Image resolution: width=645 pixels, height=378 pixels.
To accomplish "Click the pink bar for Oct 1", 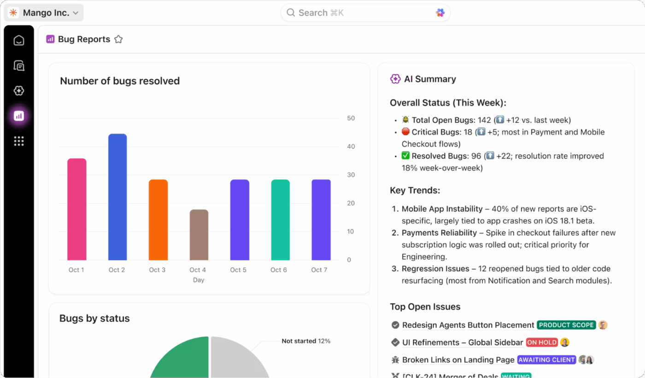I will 77,209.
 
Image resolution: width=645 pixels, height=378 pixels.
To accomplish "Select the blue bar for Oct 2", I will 117,197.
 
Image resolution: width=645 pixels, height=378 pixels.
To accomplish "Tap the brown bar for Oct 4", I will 199,235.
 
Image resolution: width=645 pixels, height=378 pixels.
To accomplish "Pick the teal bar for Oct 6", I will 280,220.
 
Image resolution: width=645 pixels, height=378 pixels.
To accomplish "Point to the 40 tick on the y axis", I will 351,147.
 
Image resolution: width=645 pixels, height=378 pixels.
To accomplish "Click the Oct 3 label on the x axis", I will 157,270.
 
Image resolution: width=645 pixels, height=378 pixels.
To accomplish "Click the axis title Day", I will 199,280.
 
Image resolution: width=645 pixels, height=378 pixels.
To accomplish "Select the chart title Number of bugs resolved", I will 120,81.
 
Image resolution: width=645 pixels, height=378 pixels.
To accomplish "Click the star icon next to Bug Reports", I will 118,40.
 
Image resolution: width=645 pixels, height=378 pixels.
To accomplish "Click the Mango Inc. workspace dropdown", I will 44,13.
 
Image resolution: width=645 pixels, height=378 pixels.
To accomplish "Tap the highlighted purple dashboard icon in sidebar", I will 19,116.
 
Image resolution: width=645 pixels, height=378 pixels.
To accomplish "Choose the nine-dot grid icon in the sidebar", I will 19,141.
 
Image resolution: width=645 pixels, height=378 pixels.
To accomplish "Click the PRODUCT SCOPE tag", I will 566,325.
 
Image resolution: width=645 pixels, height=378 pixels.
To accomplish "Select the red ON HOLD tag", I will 542,343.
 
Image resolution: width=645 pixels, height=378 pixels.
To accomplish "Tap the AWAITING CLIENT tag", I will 546,360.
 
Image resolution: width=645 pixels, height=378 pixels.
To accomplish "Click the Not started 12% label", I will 306,341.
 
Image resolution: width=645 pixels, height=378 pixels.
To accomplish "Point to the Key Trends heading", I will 415,191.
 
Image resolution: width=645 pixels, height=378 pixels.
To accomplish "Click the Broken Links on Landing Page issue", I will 458,360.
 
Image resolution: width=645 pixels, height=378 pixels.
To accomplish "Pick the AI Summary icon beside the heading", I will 395,79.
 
